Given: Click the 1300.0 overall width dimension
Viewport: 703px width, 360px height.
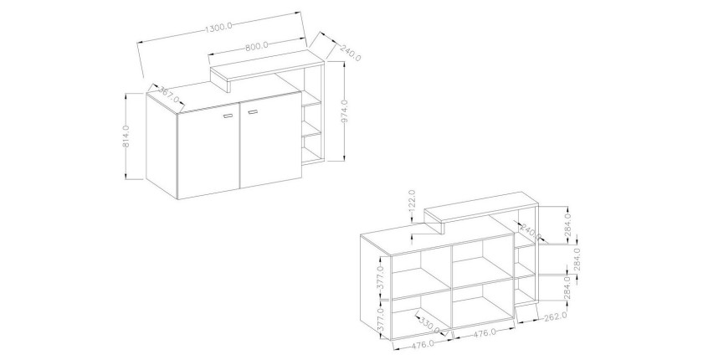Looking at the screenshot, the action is [x=218, y=27].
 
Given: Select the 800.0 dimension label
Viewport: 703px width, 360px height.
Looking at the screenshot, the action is [x=257, y=45].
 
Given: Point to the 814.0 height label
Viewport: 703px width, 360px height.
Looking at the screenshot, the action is [x=126, y=136].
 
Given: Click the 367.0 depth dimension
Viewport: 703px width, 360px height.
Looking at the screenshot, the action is [x=168, y=94].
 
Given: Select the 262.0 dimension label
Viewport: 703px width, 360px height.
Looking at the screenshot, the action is [x=555, y=316].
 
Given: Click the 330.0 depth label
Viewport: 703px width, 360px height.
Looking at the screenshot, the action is [x=429, y=324].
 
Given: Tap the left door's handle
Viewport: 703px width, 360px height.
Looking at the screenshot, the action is [x=228, y=116].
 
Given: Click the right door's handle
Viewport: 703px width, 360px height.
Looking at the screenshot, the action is [x=254, y=111].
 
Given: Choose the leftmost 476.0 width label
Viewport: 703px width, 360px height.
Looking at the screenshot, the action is [x=422, y=344].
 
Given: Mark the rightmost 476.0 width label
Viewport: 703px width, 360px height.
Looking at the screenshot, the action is [x=484, y=332].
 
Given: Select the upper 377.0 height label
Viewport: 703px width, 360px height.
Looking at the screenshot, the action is [x=381, y=277].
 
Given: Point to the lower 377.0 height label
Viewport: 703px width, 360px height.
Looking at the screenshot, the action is [x=381, y=321].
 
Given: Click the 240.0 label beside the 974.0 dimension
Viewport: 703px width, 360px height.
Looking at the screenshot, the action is [x=351, y=53].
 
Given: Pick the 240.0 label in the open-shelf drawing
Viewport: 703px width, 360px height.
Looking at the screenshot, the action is [x=531, y=231].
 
